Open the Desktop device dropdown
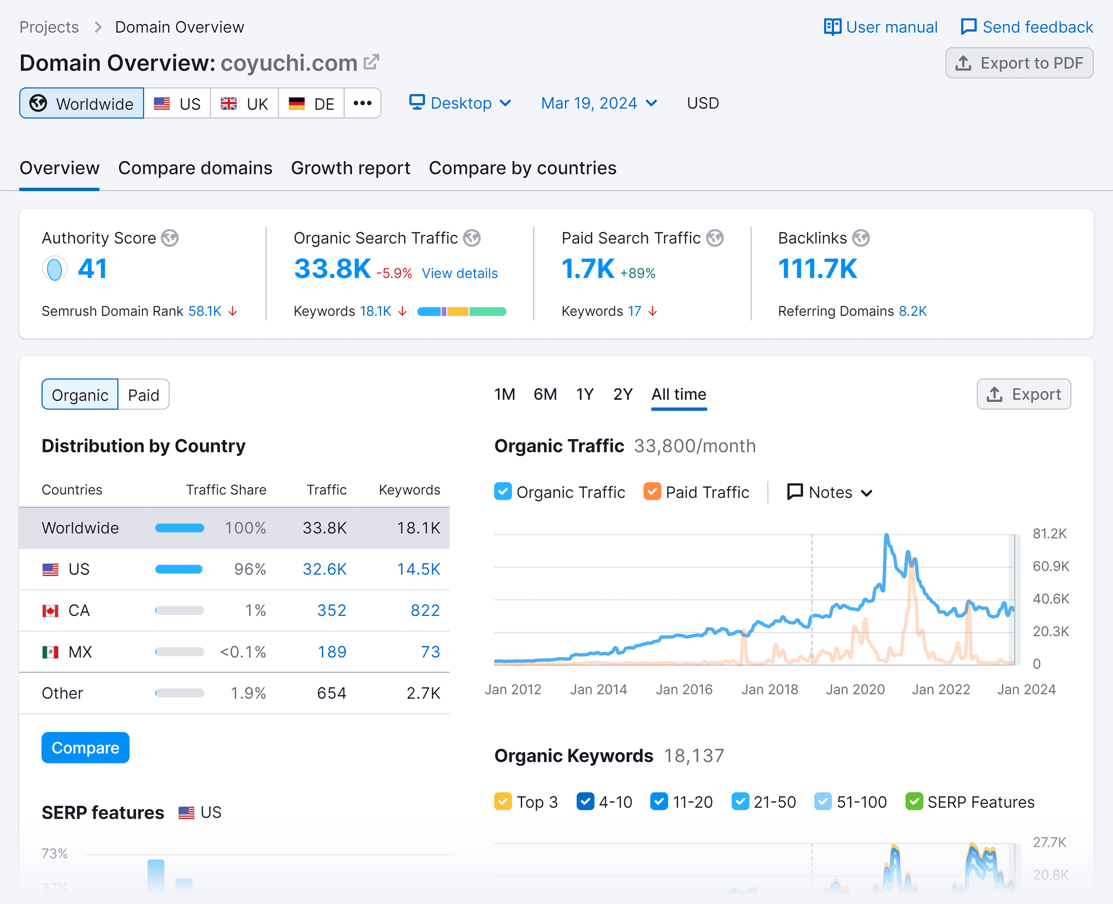pyautogui.click(x=460, y=103)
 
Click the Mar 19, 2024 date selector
pyautogui.click(x=599, y=103)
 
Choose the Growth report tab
pyautogui.click(x=350, y=168)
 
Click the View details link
pyautogui.click(x=459, y=273)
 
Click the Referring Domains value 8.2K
pyautogui.click(x=913, y=311)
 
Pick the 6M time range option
pyautogui.click(x=545, y=394)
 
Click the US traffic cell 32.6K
pyautogui.click(x=324, y=569)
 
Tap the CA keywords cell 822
pyautogui.click(x=425, y=610)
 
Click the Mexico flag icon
pyautogui.click(x=50, y=652)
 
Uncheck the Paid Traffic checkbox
pyautogui.click(x=652, y=492)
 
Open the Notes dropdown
pyautogui.click(x=829, y=492)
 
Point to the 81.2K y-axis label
pyautogui.click(x=1049, y=534)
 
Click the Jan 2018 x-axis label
pyautogui.click(x=769, y=689)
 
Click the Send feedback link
pyautogui.click(x=1027, y=27)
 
